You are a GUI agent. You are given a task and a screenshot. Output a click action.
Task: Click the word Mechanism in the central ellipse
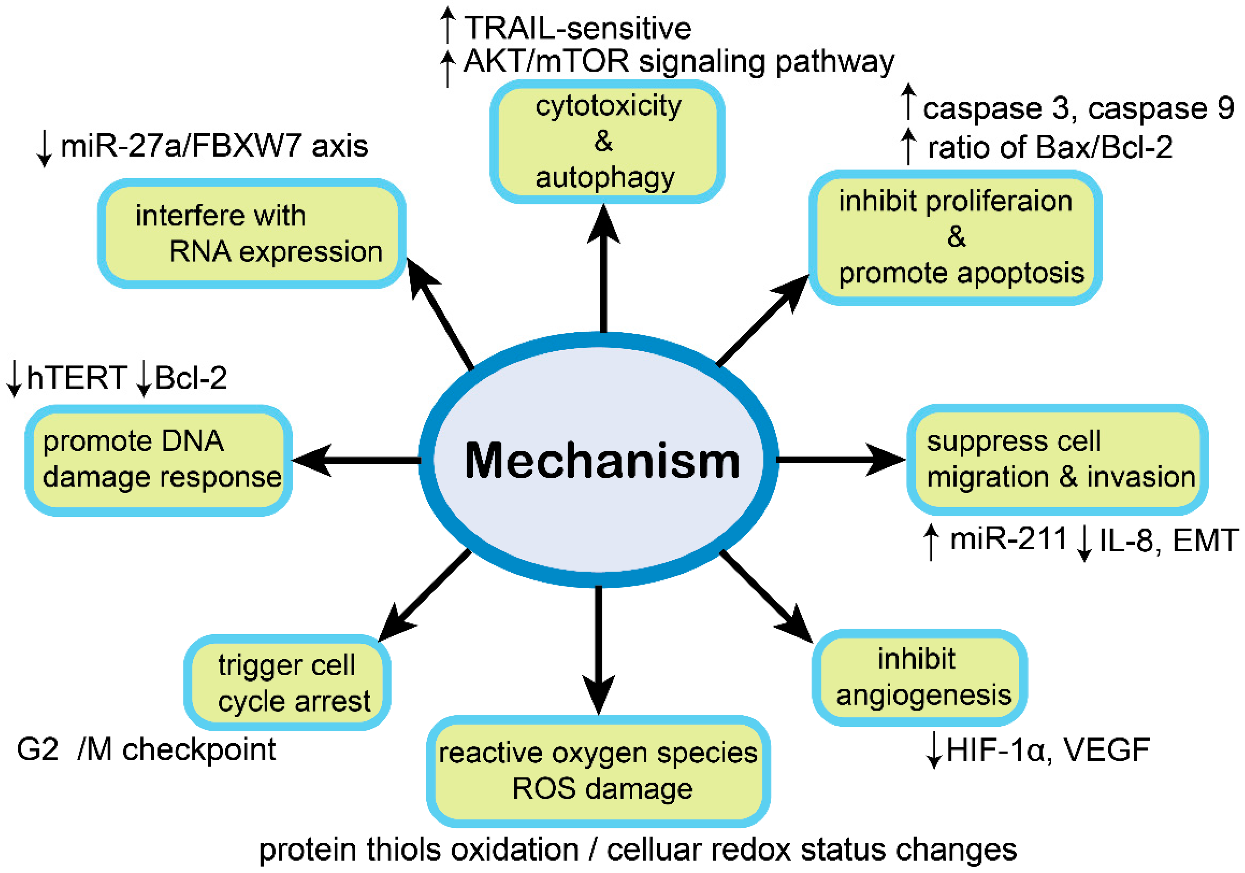point(602,461)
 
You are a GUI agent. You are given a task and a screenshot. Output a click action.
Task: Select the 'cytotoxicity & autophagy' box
point(607,142)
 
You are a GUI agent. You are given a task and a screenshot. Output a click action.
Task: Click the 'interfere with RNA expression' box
point(252,233)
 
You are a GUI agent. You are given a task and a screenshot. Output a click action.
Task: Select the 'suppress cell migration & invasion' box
point(1057,459)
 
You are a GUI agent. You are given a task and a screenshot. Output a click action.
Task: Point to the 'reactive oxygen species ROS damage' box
point(598,771)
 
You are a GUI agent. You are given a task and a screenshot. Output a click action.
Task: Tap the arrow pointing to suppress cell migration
point(840,459)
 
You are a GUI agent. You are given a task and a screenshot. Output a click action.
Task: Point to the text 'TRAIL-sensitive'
point(578,28)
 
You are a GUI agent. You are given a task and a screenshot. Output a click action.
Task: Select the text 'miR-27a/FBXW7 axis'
point(214,146)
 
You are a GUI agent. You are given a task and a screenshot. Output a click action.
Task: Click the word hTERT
point(76,378)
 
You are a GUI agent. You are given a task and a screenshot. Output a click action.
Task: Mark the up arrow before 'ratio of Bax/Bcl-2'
point(908,146)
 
